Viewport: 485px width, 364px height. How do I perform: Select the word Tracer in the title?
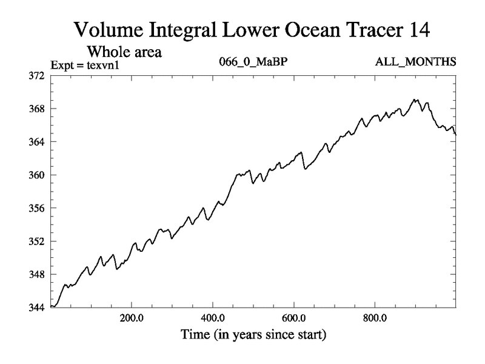[351, 29]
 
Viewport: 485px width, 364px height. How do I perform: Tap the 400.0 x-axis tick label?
[213, 317]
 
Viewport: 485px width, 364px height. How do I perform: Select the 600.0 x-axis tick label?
[294, 317]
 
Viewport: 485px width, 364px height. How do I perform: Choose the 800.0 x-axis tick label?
[375, 317]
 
